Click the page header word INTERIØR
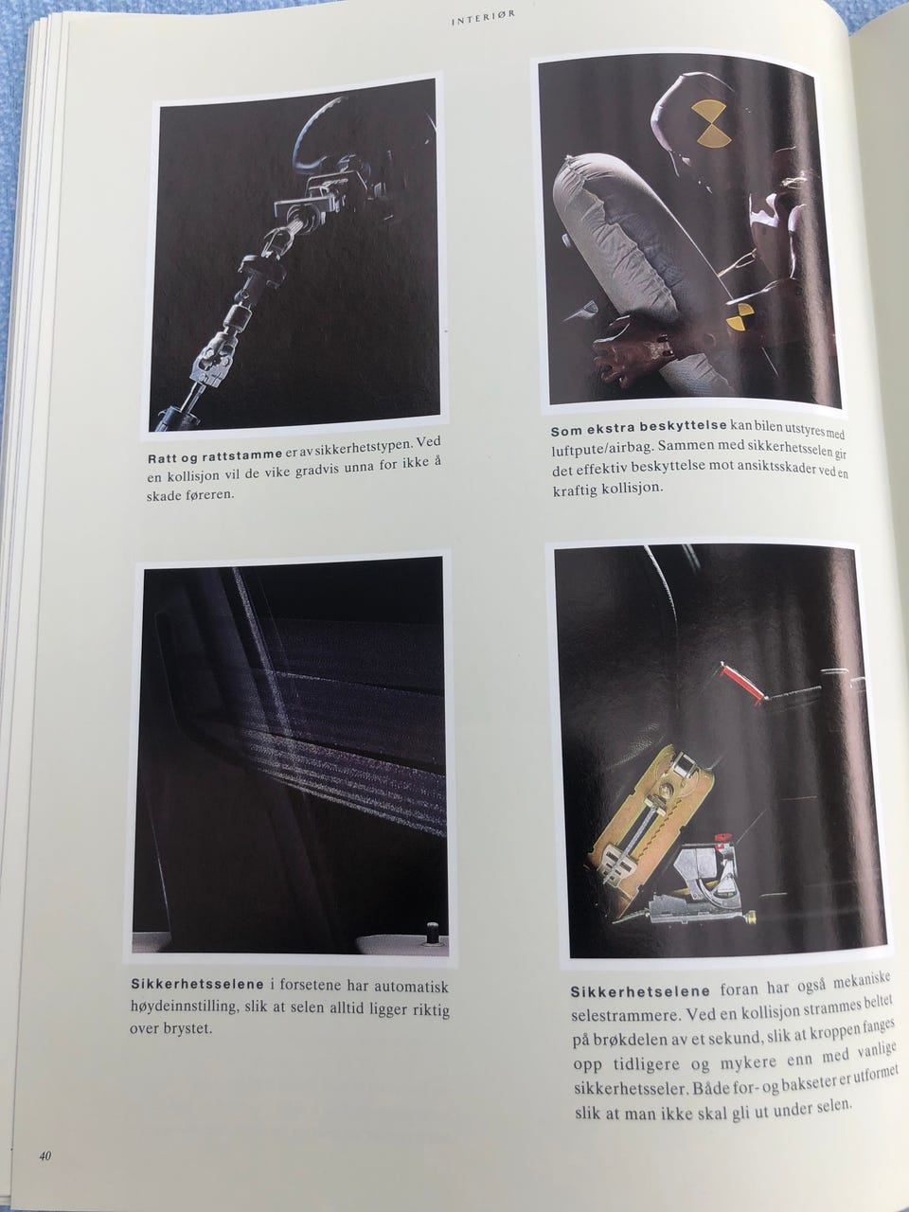[x=484, y=18]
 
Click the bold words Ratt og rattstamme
[x=215, y=456]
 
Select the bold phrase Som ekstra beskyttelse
[x=638, y=427]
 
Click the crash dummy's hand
[x=624, y=353]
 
